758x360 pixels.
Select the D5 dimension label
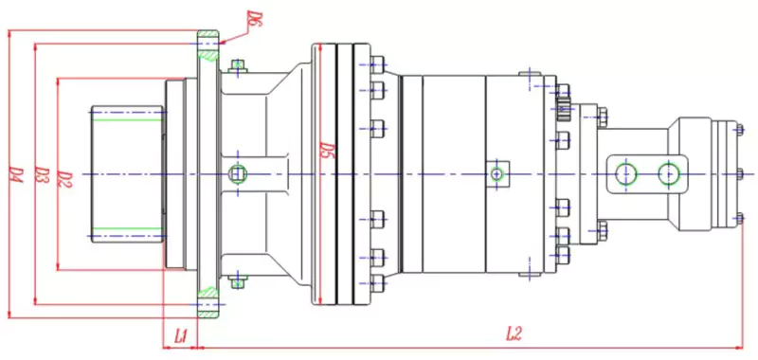point(325,151)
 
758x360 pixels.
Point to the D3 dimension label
point(41,175)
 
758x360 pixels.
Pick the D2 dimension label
point(64,175)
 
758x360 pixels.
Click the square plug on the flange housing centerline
point(239,173)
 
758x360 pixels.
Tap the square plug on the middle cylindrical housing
point(497,173)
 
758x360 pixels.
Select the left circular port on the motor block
point(624,173)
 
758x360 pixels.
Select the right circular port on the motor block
point(670,173)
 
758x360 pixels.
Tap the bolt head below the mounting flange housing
point(237,281)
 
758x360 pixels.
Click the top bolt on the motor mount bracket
point(601,117)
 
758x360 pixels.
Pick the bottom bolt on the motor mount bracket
point(601,228)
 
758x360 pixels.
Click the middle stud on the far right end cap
point(738,173)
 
